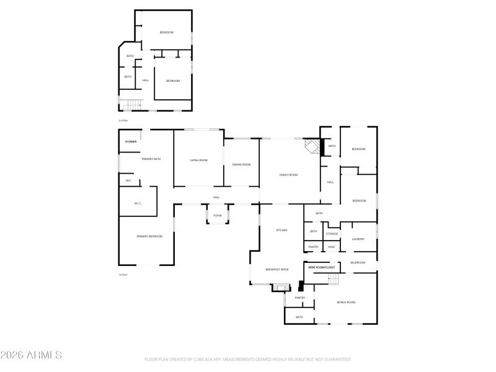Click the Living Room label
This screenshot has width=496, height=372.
(x=198, y=160)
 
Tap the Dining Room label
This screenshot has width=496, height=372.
(x=241, y=164)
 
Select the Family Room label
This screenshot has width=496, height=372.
(x=289, y=175)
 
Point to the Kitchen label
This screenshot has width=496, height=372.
(x=281, y=230)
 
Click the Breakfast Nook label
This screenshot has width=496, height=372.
(x=277, y=269)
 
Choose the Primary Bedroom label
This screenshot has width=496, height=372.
(x=149, y=236)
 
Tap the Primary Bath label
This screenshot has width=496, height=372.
(x=151, y=159)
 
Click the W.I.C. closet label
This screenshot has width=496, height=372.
(x=138, y=203)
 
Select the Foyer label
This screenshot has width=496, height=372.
(x=218, y=215)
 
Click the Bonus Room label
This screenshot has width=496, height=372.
(x=345, y=302)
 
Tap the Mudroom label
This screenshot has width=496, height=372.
(x=358, y=262)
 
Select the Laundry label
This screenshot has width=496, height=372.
(x=358, y=239)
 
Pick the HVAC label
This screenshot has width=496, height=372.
(x=331, y=247)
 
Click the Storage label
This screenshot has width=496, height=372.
(x=332, y=234)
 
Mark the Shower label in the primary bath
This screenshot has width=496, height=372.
(x=131, y=141)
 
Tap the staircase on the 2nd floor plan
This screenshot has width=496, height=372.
(x=131, y=104)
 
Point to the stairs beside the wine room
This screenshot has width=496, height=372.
(x=334, y=280)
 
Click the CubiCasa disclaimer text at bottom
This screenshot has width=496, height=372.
(x=247, y=359)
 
